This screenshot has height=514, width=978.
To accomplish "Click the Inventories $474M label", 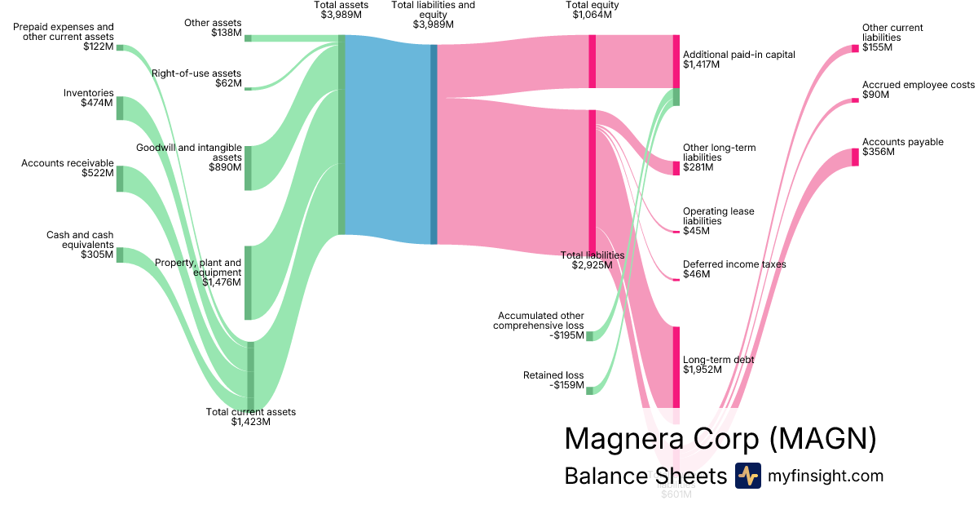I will pos(89,98).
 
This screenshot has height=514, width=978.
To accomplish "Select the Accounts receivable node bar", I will pos(120,179).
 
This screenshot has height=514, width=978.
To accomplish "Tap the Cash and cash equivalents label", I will pos(80,245).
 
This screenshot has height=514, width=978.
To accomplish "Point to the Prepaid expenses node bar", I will pos(120,47).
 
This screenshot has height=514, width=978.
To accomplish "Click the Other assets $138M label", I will pos(213,28).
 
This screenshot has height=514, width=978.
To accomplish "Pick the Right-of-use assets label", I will pos(196,78).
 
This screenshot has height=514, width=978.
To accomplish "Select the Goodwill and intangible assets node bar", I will pos(248,168).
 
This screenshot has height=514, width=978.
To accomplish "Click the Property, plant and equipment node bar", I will pos(248,282).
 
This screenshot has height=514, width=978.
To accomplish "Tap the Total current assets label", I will pos(251,417).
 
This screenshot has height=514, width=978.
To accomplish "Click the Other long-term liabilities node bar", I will pos(676,168).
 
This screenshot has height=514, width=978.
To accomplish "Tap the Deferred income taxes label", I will pos(734,269).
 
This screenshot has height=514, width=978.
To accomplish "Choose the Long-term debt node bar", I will pos(676,367).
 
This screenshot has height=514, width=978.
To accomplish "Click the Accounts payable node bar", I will pos(855,157).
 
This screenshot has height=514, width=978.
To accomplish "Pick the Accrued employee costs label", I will pos(919,90).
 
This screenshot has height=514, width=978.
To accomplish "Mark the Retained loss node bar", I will pos(589,391).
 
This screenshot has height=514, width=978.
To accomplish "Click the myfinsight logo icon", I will pos(747,476).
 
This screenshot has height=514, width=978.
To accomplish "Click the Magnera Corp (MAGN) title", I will pos(720,438).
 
